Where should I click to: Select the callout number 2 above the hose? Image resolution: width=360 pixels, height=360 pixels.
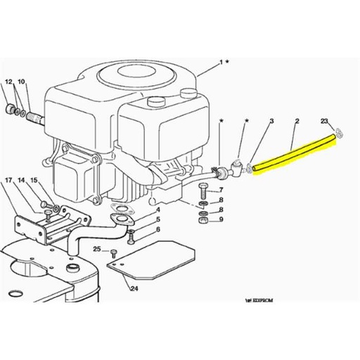point(297,121)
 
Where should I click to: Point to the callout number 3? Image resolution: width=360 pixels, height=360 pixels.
point(271,121)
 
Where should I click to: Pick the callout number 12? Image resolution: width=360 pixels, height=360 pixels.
point(9,82)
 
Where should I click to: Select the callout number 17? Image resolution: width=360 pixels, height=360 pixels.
point(9,181)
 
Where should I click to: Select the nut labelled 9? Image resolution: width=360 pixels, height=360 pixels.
point(202,219)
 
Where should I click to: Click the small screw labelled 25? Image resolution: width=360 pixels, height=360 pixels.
point(112,252)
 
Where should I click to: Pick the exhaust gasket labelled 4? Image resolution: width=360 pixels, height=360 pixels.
point(121,210)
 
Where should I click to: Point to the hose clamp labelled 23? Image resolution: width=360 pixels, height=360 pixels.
point(340,131)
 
